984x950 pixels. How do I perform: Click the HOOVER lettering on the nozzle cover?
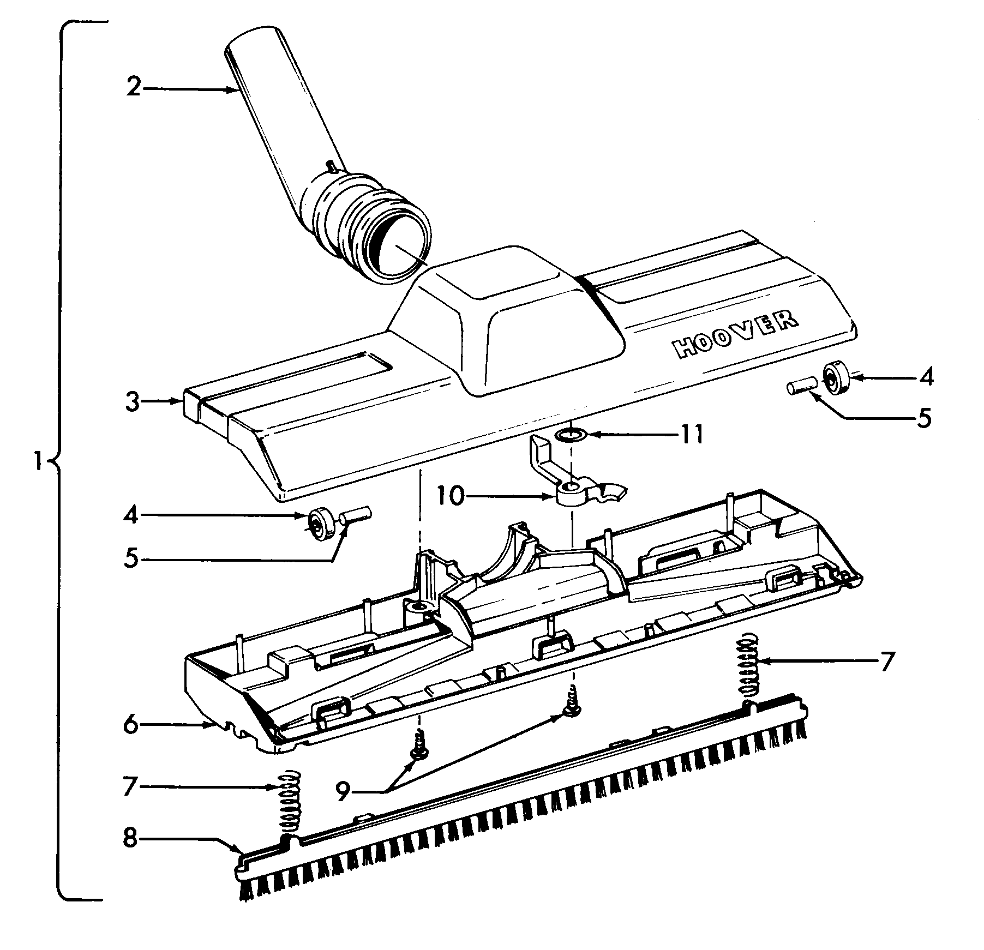pos(735,335)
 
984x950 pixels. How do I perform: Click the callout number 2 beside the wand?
pos(133,87)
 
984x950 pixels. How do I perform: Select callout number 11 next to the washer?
pos(691,435)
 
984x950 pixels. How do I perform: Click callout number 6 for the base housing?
pos(130,725)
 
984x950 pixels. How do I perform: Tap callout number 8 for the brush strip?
pos(130,838)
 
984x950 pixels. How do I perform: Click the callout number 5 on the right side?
pos(923,418)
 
